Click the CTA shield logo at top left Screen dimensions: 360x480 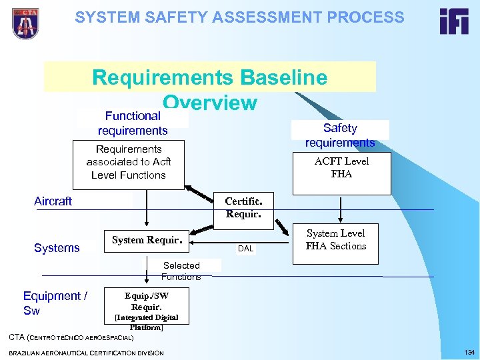click(25, 23)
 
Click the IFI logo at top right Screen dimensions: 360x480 click(453, 21)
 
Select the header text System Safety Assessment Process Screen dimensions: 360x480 click(239, 17)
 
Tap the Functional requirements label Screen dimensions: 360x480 click(132, 123)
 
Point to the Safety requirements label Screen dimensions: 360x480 click(340, 135)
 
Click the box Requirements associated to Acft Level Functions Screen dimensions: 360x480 click(129, 162)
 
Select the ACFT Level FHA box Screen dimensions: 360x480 click(341, 168)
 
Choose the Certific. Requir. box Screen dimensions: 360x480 click(239, 207)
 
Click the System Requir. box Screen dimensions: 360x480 click(147, 240)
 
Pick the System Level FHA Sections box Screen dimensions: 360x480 click(335, 239)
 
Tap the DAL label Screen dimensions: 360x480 click(246, 249)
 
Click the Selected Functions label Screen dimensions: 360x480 click(181, 271)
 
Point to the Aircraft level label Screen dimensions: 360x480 click(53, 201)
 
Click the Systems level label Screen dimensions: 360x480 click(57, 248)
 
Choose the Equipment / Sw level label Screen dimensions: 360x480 click(55, 303)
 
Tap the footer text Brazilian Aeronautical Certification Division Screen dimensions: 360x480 click(86, 352)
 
